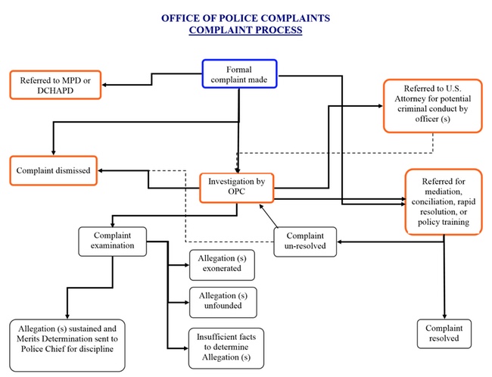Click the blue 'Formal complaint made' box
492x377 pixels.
[x=239, y=73]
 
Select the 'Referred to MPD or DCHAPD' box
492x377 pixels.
[x=55, y=85]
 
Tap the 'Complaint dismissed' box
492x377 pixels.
[x=53, y=170]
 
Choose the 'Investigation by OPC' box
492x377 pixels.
[x=237, y=188]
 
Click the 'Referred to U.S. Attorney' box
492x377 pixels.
[x=433, y=106]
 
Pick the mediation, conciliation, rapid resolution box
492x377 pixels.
[x=444, y=202]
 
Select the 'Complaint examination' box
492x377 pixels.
[x=112, y=241]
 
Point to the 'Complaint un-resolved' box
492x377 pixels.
[x=305, y=241]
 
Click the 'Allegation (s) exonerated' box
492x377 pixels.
[x=222, y=265]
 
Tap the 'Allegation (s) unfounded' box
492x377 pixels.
[x=223, y=302]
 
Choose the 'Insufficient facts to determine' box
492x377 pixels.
[x=226, y=348]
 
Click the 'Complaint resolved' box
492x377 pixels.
[x=444, y=334]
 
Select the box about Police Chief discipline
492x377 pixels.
[x=67, y=345]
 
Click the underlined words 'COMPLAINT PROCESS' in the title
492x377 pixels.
[x=245, y=30]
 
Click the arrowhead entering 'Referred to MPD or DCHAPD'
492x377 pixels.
[x=104, y=85]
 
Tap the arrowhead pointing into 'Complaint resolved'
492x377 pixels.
[x=444, y=316]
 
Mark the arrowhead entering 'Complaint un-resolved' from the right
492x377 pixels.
[x=340, y=241]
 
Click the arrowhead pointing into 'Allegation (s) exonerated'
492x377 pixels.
[x=187, y=265]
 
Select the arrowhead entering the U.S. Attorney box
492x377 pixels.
[x=380, y=106]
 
